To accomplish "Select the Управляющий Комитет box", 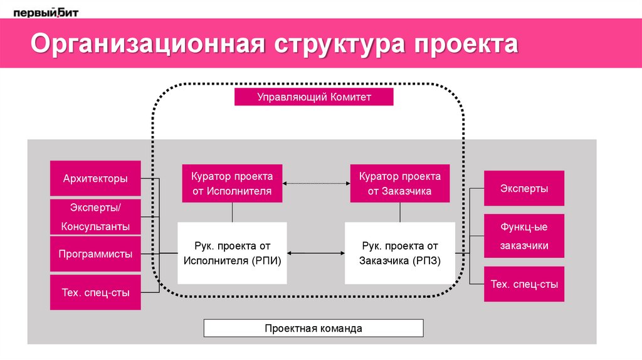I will click(x=313, y=97).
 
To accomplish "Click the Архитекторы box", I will click(x=95, y=179).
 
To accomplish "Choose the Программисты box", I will click(x=95, y=254).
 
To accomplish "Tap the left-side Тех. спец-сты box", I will click(x=95, y=292).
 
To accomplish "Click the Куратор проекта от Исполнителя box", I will click(x=232, y=183).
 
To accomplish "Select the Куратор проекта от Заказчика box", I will click(x=399, y=183).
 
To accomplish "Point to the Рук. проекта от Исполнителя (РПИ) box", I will click(x=232, y=253).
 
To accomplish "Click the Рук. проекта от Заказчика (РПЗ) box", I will click(x=399, y=253).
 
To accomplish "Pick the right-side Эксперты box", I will click(x=524, y=188).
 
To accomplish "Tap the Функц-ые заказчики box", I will click(x=524, y=236).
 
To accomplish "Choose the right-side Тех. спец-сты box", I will click(x=524, y=284).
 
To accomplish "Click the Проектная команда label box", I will click(x=313, y=328).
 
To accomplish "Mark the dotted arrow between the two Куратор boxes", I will click(x=316, y=183).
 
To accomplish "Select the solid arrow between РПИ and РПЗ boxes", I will click(x=316, y=253).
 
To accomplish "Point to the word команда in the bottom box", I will click(x=338, y=328).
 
